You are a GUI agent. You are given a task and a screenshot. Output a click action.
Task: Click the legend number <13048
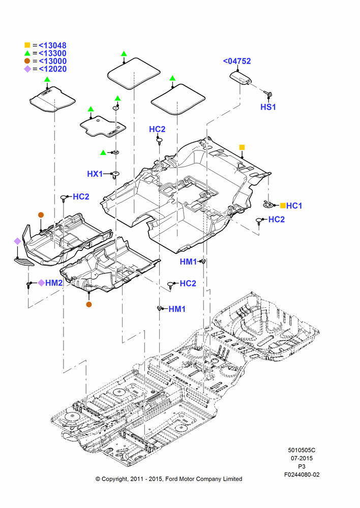click(x=52, y=45)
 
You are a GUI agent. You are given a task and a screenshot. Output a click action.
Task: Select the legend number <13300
click(x=52, y=53)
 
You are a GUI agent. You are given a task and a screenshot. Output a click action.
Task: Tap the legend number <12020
click(x=52, y=69)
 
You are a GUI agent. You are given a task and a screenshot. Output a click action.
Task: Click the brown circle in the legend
click(x=27, y=61)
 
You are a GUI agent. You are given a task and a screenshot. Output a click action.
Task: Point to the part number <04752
click(x=237, y=61)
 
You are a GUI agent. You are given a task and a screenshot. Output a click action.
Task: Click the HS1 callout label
click(x=268, y=107)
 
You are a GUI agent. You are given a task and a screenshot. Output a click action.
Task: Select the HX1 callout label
click(x=95, y=174)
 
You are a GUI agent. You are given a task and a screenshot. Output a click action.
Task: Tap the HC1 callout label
click(x=294, y=206)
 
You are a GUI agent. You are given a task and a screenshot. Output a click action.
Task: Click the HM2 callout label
click(x=54, y=283)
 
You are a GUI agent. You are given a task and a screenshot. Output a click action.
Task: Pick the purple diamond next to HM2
click(x=41, y=283)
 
